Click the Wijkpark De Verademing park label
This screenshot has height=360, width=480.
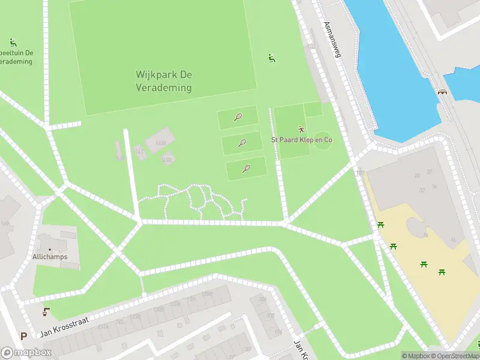point(163,82)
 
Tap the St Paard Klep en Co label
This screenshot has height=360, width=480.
point(302,140)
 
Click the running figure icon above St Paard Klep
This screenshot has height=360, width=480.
point(301,129)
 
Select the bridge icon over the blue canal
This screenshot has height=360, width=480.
point(443,92)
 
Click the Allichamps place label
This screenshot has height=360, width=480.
point(50,257)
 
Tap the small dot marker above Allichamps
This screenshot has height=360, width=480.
point(50,249)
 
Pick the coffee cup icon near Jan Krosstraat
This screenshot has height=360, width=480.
point(46,312)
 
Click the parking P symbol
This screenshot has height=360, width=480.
point(23,337)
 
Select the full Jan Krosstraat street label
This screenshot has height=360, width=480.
point(64,328)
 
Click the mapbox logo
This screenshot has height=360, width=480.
point(26,353)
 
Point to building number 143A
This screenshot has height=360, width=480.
point(160,143)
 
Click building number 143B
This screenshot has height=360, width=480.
point(167,160)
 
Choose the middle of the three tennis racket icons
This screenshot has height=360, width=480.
point(242,143)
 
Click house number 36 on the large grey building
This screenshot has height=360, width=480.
point(434,186)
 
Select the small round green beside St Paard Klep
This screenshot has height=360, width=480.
point(323,137)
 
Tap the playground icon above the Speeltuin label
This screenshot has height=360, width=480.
point(13,43)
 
